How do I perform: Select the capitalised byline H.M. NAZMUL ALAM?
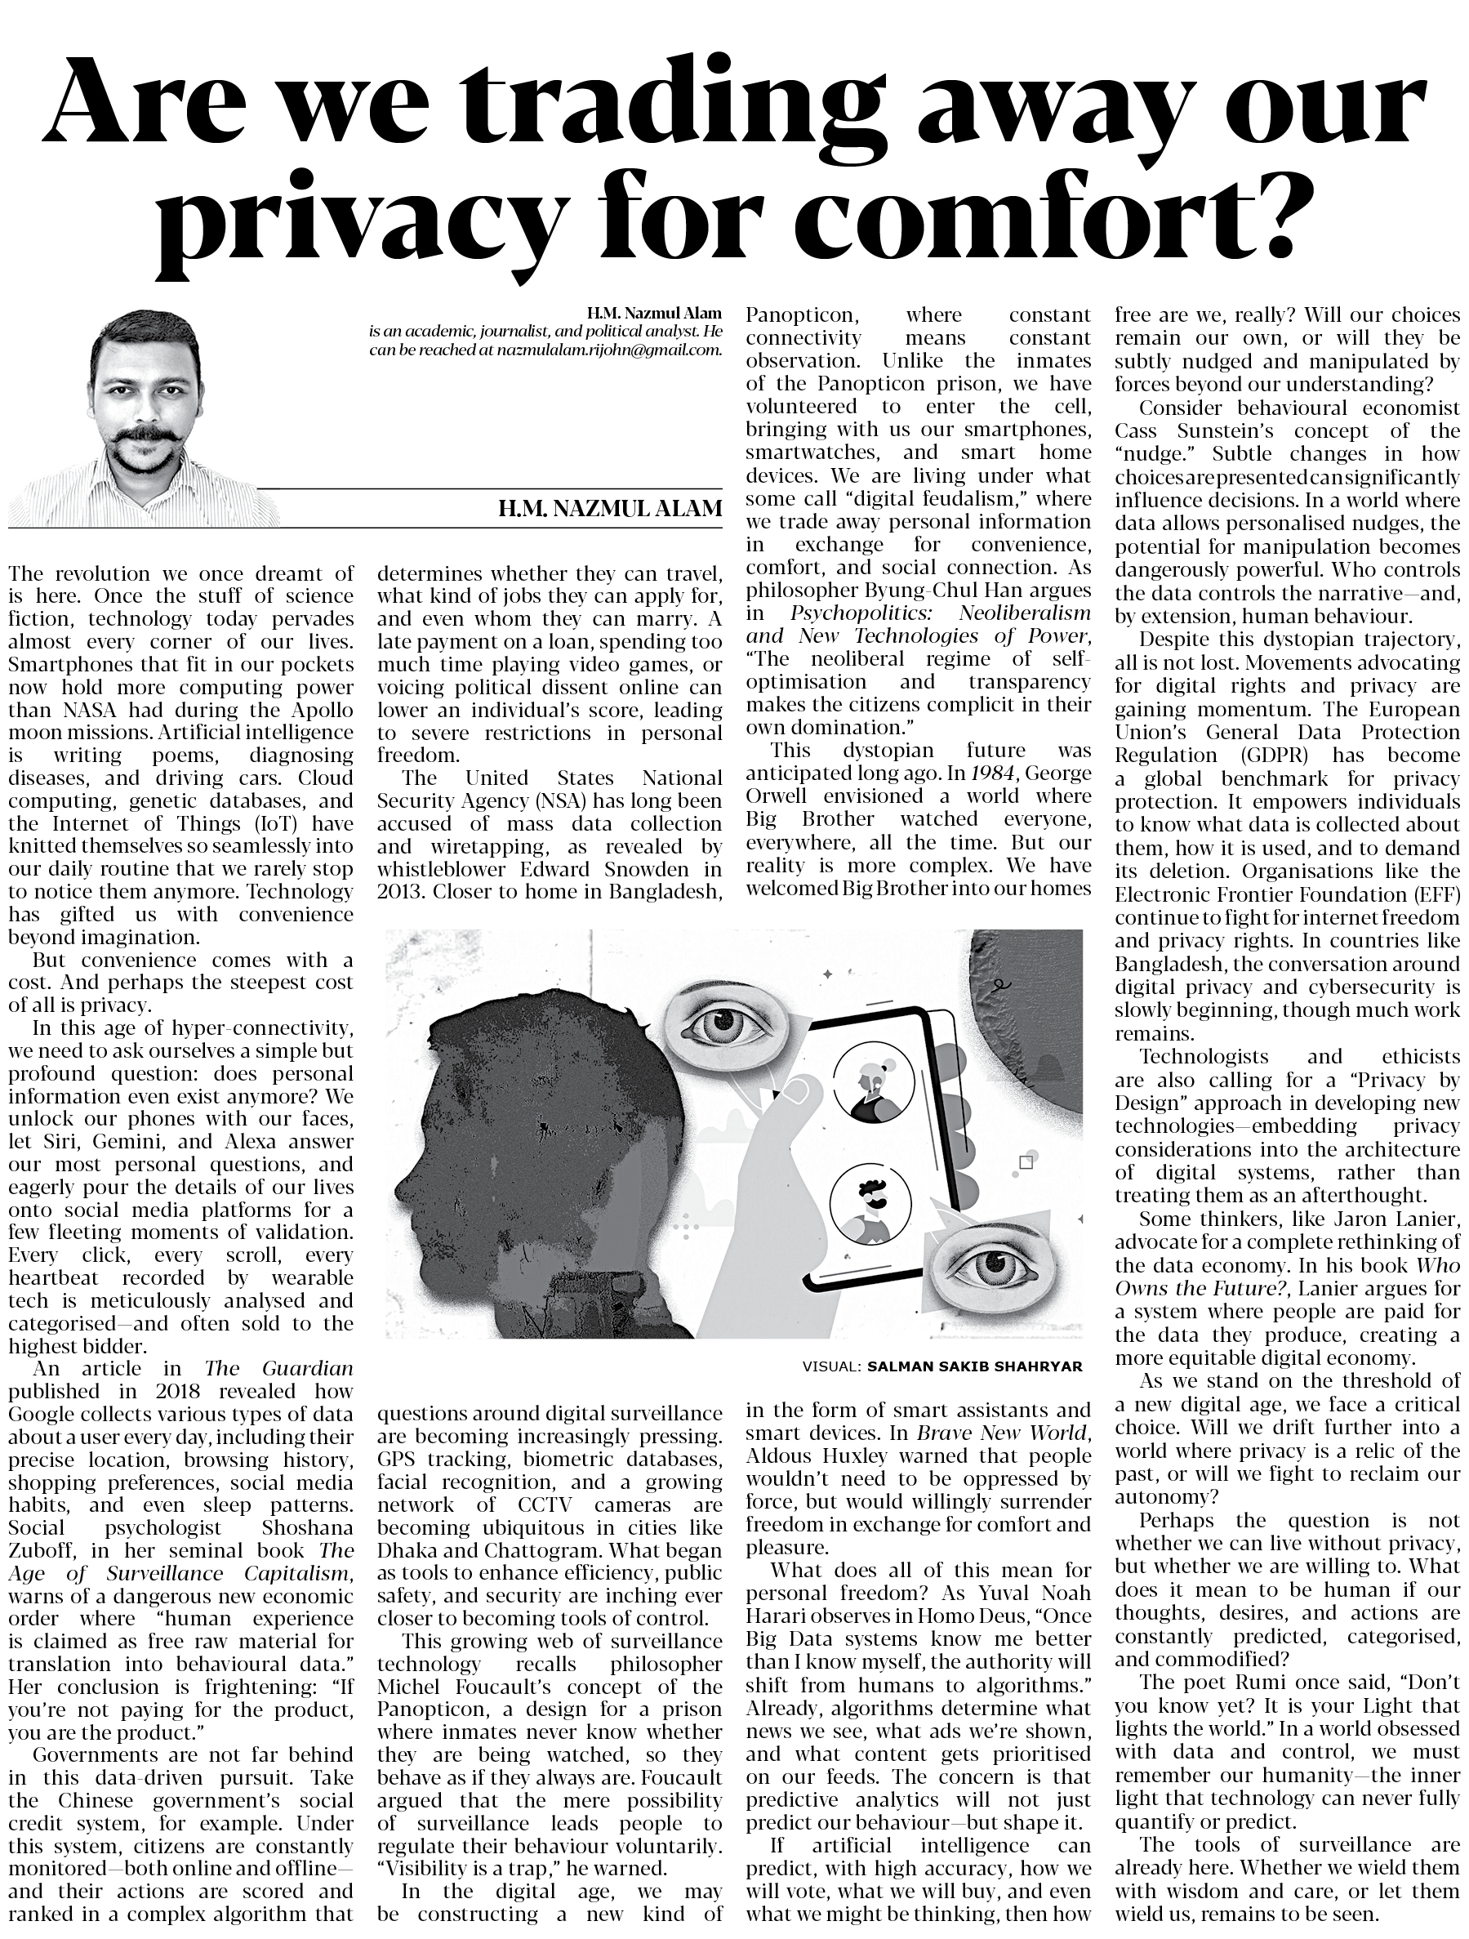610,508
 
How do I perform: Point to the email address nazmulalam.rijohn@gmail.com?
609,350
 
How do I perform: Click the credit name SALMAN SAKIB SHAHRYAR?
975,1366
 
